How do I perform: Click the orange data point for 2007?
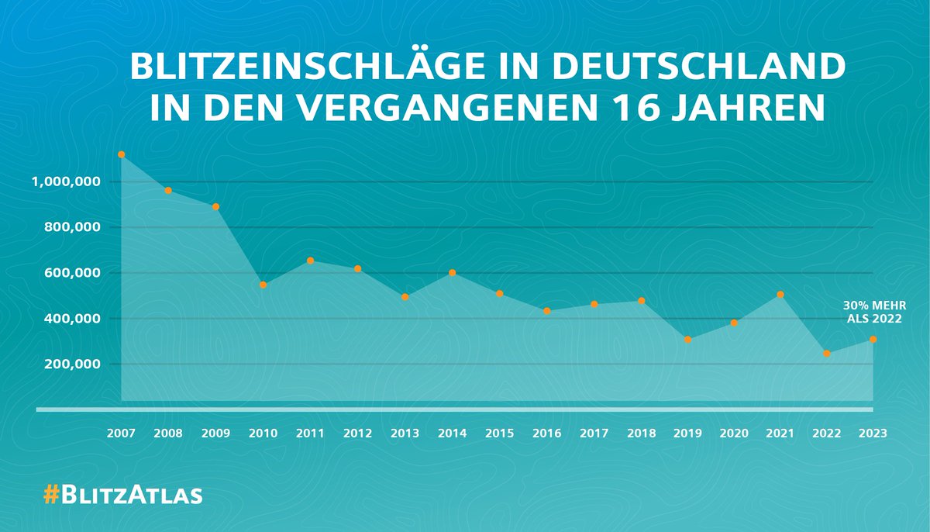coord(122,154)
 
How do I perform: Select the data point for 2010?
coord(263,285)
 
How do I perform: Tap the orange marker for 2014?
coord(452,273)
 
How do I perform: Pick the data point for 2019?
coord(687,340)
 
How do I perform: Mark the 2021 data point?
coord(780,295)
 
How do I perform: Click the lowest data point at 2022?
coord(827,354)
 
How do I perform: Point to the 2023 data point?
coord(873,339)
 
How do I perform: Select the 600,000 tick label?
coord(67,273)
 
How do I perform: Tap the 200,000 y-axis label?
coord(67,364)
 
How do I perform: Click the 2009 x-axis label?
coord(216,434)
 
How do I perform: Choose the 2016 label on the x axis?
coord(546,434)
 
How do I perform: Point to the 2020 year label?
coord(734,434)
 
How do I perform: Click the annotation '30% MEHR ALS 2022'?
coord(863,312)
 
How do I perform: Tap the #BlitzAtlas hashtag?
coord(122,495)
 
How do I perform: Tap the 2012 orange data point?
coord(357,268)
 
